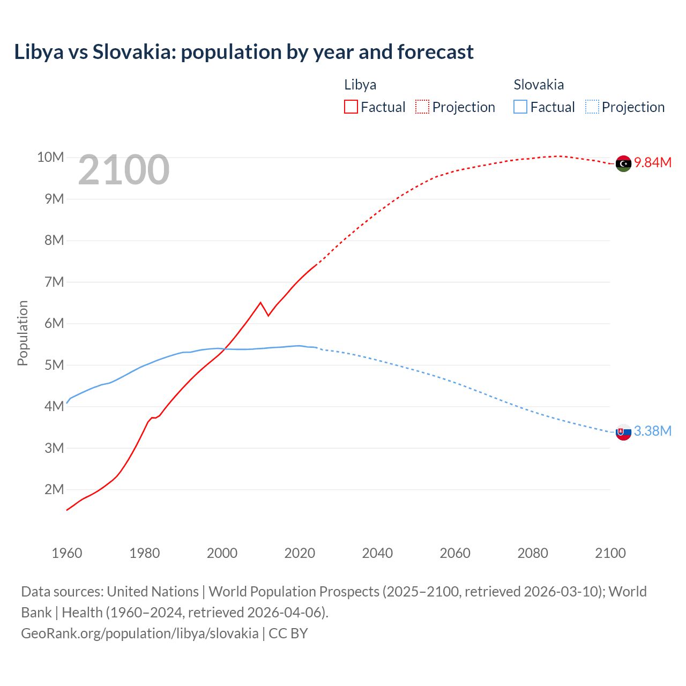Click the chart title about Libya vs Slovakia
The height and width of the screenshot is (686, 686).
[244, 52]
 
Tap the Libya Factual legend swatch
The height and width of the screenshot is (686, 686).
[351, 107]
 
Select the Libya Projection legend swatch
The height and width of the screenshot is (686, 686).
[422, 107]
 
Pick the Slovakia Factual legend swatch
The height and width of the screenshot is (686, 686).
[520, 107]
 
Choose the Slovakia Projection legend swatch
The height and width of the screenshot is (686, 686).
[592, 107]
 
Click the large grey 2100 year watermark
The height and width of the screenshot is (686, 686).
[124, 170]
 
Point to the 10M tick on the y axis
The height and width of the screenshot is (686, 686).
[50, 157]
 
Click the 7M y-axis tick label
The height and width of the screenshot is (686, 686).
[54, 282]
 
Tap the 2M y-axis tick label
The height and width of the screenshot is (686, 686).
[54, 489]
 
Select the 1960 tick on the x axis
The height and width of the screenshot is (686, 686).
[67, 553]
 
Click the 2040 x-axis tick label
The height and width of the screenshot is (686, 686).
[377, 553]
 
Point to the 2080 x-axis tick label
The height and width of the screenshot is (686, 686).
[533, 553]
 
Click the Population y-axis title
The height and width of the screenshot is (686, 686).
[23, 333]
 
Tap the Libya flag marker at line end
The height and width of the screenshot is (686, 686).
[623, 163]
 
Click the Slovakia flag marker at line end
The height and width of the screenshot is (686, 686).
[623, 432]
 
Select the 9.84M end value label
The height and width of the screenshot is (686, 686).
[653, 163]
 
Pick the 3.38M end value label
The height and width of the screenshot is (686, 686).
[653, 431]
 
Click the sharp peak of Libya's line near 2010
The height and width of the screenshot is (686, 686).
[260, 303]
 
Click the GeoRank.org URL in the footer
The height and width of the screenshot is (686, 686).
[139, 633]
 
